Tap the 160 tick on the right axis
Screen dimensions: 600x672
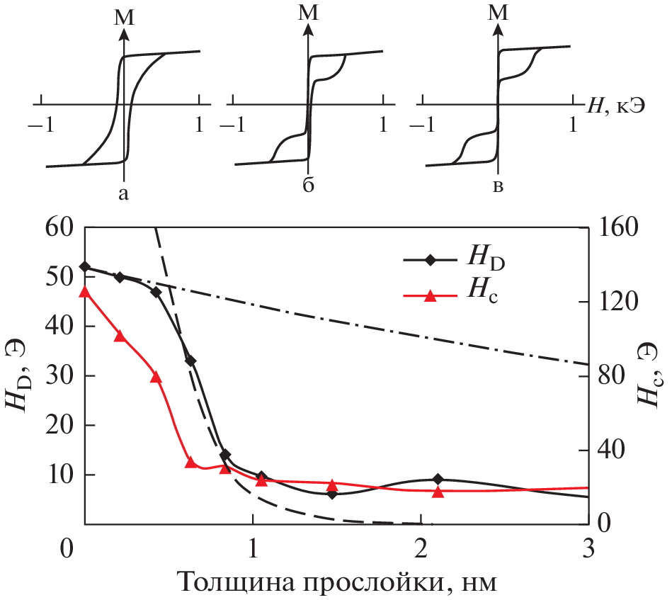pos(624,228)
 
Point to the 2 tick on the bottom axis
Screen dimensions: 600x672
pos(420,548)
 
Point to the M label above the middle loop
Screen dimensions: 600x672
pos(309,13)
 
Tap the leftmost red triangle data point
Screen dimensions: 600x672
pos(85,291)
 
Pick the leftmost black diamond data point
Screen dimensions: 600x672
pos(85,266)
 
